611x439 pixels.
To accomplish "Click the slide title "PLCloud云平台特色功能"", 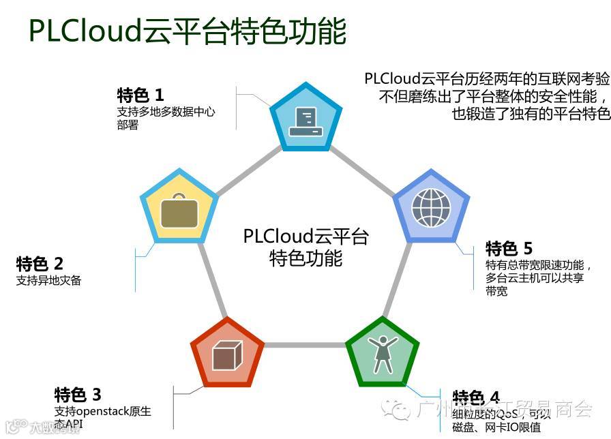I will point(187,31).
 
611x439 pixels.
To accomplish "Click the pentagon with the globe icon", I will point(431,207).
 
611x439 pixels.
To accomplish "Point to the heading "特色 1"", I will point(140,95).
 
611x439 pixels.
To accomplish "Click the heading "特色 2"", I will point(40,264).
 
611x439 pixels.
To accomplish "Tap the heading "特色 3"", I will point(78,395).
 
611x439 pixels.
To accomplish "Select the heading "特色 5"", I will point(509,248).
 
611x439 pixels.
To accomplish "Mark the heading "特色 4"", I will point(476,397).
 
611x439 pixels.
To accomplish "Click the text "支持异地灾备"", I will point(48,280).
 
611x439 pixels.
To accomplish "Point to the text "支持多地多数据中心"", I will point(166,111).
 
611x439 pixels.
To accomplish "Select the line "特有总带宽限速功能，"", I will point(539,265).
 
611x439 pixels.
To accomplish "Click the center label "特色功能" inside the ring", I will point(305,259).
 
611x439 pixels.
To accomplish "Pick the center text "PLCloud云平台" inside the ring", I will point(305,237).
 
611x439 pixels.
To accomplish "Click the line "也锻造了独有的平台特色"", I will point(531,114).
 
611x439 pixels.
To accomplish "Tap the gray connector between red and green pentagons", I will point(304,345).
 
